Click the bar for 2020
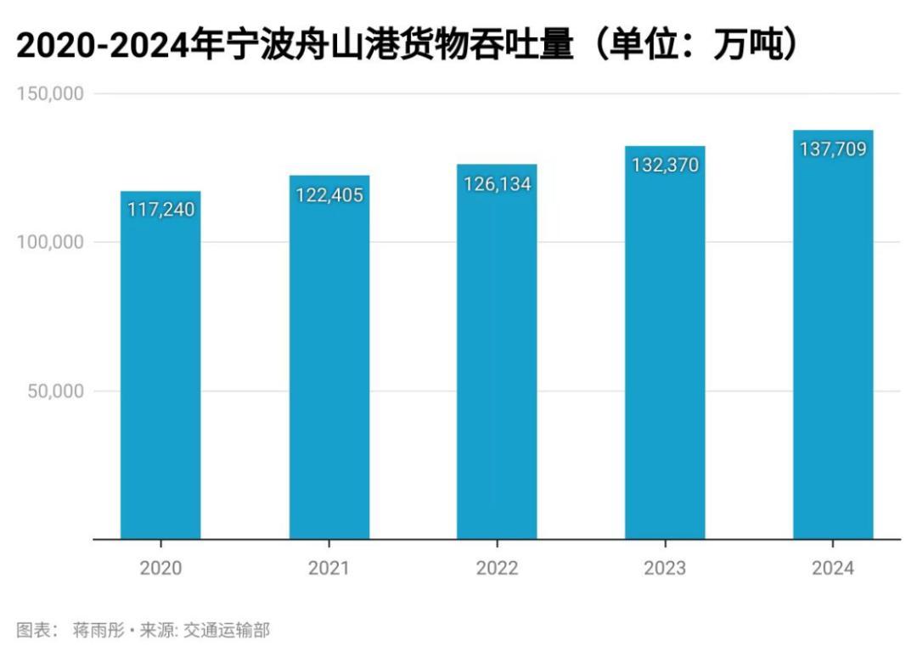click(160, 373)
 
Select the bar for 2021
click(329, 365)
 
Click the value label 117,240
click(160, 210)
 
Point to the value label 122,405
click(329, 195)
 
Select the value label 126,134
click(497, 183)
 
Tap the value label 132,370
click(665, 165)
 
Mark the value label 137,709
click(833, 149)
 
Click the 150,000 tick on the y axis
click(50, 93)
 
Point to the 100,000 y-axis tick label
click(50, 242)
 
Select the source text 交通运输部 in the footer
click(228, 631)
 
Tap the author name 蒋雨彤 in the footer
click(98, 631)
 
